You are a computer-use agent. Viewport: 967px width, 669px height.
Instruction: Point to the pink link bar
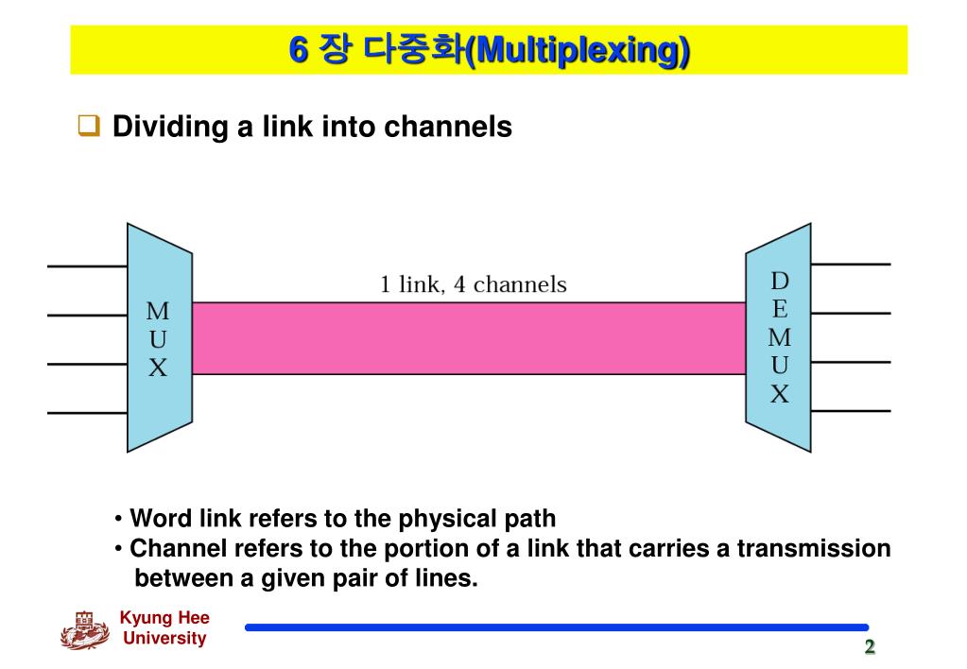click(468, 338)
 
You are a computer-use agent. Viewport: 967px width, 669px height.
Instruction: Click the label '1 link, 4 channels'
click(473, 283)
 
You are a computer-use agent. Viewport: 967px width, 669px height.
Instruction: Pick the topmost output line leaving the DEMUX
click(851, 265)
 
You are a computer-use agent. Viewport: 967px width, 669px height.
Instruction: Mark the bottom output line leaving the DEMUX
click(851, 411)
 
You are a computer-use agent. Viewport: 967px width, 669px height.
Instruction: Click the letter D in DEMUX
click(780, 281)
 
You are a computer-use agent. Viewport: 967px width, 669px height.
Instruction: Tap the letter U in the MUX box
click(158, 339)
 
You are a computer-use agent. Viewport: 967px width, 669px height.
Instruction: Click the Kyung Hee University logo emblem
click(85, 630)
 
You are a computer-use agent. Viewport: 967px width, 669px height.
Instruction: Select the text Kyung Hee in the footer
click(164, 618)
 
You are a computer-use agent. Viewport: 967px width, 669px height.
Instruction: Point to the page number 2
click(869, 646)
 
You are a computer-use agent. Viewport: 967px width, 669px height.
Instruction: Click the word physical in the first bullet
click(446, 519)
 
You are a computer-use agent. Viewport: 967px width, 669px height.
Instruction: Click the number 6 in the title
click(299, 50)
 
